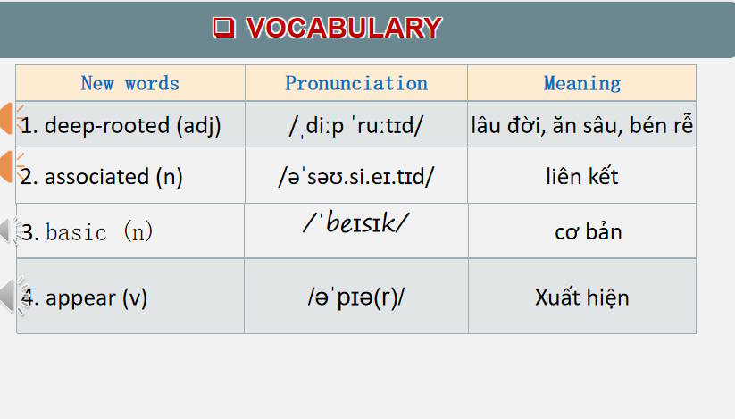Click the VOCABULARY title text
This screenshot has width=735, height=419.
pos(343,28)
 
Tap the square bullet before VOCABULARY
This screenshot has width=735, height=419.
pos(223,28)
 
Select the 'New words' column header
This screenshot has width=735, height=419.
pos(129,83)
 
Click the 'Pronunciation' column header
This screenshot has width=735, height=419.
pos(356,83)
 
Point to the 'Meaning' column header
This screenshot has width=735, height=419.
pos(582,83)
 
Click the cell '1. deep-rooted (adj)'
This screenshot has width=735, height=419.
pos(121,125)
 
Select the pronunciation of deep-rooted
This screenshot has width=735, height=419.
pos(356,126)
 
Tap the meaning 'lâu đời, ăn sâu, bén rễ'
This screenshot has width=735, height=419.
pos(582,125)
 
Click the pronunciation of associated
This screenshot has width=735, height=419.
pos(356,176)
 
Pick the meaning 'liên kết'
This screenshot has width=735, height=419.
pos(582,176)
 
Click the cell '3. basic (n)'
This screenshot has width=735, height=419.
pos(88,232)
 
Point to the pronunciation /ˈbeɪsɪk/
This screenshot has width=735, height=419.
pos(356,223)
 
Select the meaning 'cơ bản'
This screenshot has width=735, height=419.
pos(588,232)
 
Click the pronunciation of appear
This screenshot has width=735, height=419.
pos(356,297)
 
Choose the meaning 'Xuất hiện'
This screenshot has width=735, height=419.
pos(582,297)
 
